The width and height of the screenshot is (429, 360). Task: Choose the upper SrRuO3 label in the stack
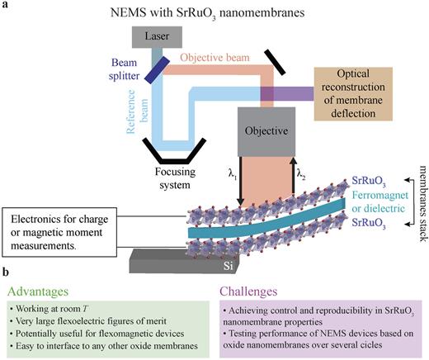[370, 180]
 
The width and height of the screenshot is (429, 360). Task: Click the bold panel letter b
[7, 273]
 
